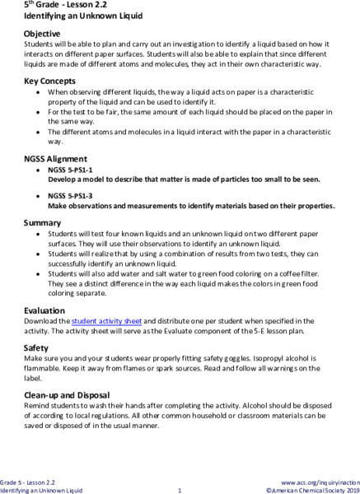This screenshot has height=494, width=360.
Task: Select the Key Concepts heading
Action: pos(50,82)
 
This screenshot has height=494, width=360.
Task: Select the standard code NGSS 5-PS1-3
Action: pos(72,195)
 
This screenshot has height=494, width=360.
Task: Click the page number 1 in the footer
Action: pos(179,490)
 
